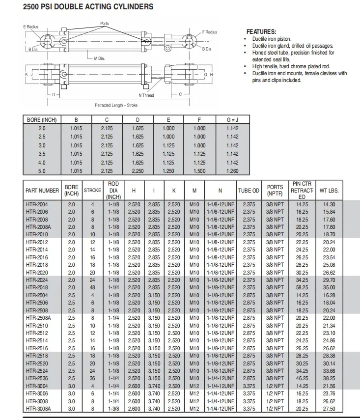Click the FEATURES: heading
pyautogui.click(x=261, y=31)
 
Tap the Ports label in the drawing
pyautogui.click(x=105, y=24)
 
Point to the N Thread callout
pyautogui.click(x=146, y=95)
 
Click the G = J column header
pyautogui.click(x=232, y=120)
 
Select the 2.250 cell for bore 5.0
pyautogui.click(x=138, y=171)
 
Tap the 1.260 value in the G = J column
pyautogui.click(x=232, y=171)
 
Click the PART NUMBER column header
pyautogui.click(x=42, y=190)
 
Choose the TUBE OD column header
pyautogui.click(x=249, y=191)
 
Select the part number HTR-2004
pyautogui.click(x=36, y=204)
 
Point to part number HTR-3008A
pyautogui.click(x=38, y=409)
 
